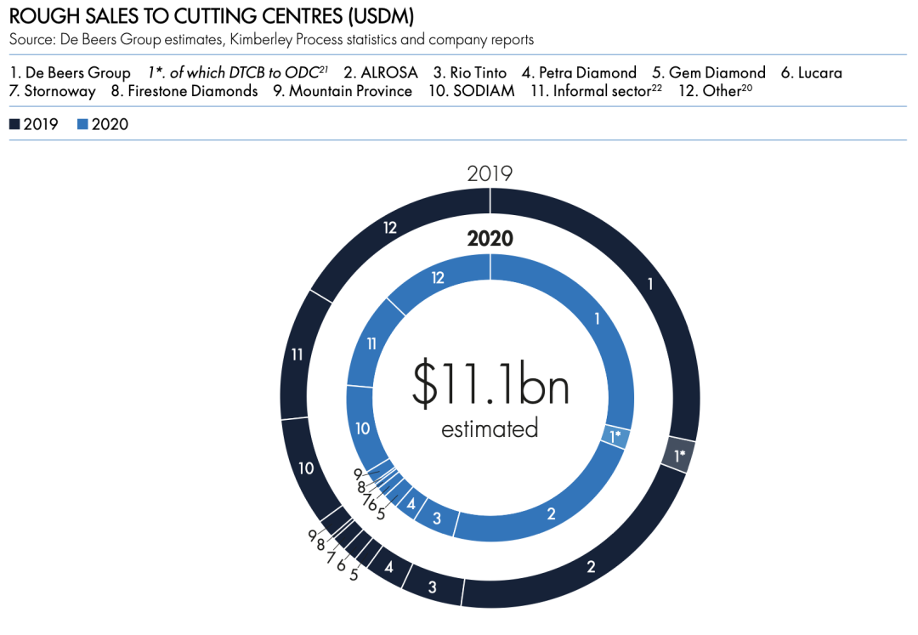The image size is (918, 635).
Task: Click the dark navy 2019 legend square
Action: (15, 124)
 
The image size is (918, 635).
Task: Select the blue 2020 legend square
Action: (82, 124)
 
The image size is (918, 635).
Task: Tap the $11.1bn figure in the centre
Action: (490, 383)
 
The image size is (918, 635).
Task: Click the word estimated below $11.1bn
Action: (490, 428)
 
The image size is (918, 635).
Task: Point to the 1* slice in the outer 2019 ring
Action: (679, 456)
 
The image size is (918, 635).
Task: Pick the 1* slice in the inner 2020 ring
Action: (616, 435)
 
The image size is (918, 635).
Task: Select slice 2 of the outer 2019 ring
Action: (591, 566)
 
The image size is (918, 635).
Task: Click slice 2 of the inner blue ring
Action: (551, 513)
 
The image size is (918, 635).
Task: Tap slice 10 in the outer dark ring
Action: (306, 468)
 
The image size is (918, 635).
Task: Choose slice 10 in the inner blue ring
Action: (363, 428)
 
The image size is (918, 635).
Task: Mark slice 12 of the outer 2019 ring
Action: (390, 228)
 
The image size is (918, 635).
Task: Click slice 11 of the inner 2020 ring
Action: (371, 344)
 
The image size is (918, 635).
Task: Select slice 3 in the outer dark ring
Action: (433, 587)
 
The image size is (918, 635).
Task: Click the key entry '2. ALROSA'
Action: (378, 72)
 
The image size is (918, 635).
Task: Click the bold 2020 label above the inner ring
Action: (490, 238)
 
